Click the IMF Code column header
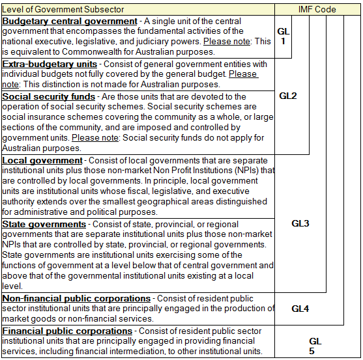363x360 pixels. point(317,9)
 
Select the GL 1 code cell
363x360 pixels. point(283,36)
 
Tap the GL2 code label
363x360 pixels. point(288,96)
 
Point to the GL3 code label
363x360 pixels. point(300,223)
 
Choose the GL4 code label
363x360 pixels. point(300,309)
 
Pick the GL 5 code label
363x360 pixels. point(315,346)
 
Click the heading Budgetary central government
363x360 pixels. point(70,21)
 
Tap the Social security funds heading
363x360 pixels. point(48,96)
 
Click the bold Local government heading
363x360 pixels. point(42,160)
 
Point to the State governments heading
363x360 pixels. point(44,224)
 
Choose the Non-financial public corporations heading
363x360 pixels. point(76,299)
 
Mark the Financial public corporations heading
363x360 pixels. point(67,331)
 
